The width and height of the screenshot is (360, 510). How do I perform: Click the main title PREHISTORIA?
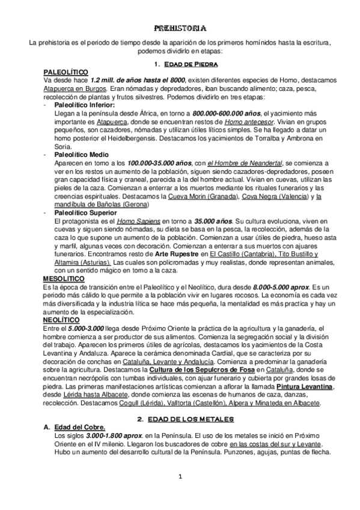(x=180, y=28)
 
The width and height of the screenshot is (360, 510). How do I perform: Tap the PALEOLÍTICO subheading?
(x=66, y=72)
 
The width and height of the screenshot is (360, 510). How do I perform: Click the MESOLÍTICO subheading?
(x=64, y=279)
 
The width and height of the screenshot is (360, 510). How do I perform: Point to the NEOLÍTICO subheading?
(x=62, y=321)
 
